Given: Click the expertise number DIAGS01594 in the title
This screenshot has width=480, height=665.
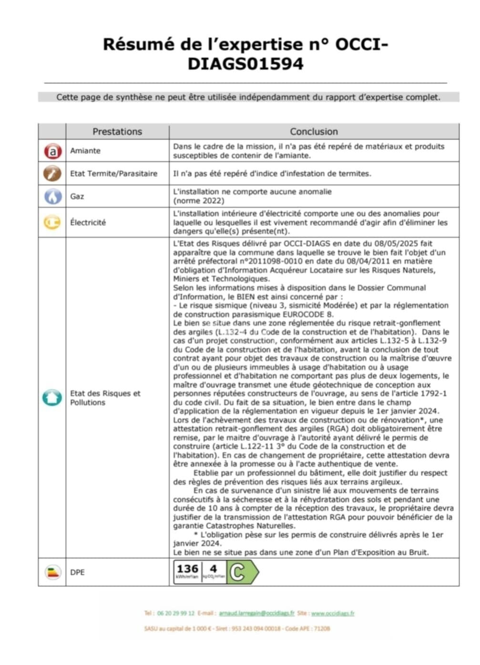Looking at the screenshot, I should pyautogui.click(x=245, y=64).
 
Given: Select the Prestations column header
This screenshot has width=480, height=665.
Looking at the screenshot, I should pyautogui.click(x=117, y=131).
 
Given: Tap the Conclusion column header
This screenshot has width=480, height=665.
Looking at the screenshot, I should pyautogui.click(x=314, y=131).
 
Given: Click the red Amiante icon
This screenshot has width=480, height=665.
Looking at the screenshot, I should pyautogui.click(x=52, y=151).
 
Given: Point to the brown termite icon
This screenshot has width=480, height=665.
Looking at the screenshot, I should pyautogui.click(x=52, y=173).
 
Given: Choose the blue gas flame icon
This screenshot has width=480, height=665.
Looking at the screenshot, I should pyautogui.click(x=52, y=196).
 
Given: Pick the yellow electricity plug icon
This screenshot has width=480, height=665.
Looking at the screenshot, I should pyautogui.click(x=52, y=222).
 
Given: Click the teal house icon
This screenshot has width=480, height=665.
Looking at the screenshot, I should pyautogui.click(x=52, y=397).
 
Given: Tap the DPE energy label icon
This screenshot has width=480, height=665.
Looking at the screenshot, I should pyautogui.click(x=53, y=572).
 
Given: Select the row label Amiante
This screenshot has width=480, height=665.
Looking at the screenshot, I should pyautogui.click(x=85, y=151).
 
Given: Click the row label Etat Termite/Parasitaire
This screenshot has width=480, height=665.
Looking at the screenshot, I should pyautogui.click(x=113, y=173).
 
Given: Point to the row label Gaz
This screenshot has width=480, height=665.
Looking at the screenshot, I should pyautogui.click(x=77, y=196).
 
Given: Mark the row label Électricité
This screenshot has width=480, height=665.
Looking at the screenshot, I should pyautogui.click(x=88, y=222).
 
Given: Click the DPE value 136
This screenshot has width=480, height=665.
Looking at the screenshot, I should pyautogui.click(x=187, y=569).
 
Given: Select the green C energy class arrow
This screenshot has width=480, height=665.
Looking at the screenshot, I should pyautogui.click(x=241, y=573).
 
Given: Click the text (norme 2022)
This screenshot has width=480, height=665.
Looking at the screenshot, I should pyautogui.click(x=199, y=201).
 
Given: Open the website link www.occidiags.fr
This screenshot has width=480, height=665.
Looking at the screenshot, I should pyautogui.click(x=333, y=614).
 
